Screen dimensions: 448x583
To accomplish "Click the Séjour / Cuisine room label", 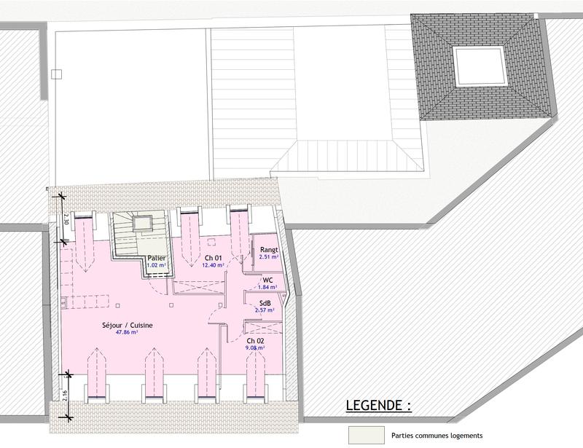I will pos(128,326).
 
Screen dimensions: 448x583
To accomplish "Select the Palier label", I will pos(156,259).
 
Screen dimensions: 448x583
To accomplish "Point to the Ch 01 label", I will pos(213,259).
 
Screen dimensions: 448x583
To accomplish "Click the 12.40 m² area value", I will pos(213,266).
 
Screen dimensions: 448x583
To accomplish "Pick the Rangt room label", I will pos(269,250).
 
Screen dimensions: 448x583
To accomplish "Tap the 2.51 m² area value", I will pos(269,257).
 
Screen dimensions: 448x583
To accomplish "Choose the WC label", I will pos(268,280).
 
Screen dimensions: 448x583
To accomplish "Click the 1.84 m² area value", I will pos(268,287).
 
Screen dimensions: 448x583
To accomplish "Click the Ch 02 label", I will pos(255,341).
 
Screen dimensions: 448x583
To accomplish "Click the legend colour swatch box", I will pos(366,435).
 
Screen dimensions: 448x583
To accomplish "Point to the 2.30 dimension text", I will pos(66,216).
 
